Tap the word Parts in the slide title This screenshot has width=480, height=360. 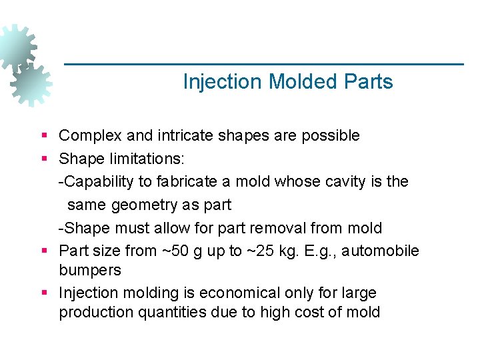pos(369,82)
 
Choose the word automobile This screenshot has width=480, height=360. pos(386,251)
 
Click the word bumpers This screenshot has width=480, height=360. pos(90,271)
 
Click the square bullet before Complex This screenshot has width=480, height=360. pos(44,136)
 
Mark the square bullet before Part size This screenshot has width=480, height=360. pos(44,251)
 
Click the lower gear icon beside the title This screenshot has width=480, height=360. pos(31,85)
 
